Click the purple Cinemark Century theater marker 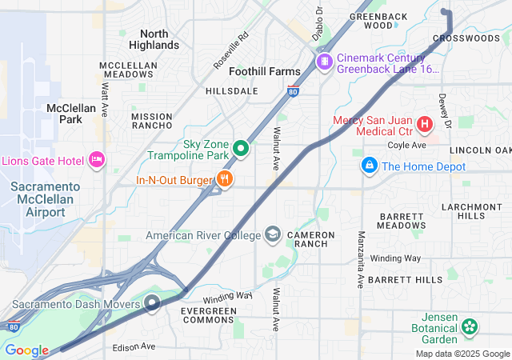pyautogui.click(x=324, y=62)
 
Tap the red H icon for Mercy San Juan pyautogui.click(x=424, y=124)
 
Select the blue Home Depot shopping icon pyautogui.click(x=369, y=166)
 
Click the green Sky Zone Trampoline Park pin pyautogui.click(x=241, y=148)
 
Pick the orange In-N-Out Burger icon pyautogui.click(x=225, y=179)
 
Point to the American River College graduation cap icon pyautogui.click(x=273, y=234)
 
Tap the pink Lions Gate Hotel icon pyautogui.click(x=97, y=160)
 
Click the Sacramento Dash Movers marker pyautogui.click(x=153, y=303)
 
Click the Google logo pyautogui.click(x=26, y=350)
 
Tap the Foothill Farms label pyautogui.click(x=265, y=71)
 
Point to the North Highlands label pyautogui.click(x=154, y=39)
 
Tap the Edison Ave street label pyautogui.click(x=134, y=346)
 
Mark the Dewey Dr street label pyautogui.click(x=445, y=110)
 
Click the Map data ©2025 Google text pyautogui.click(x=462, y=354)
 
